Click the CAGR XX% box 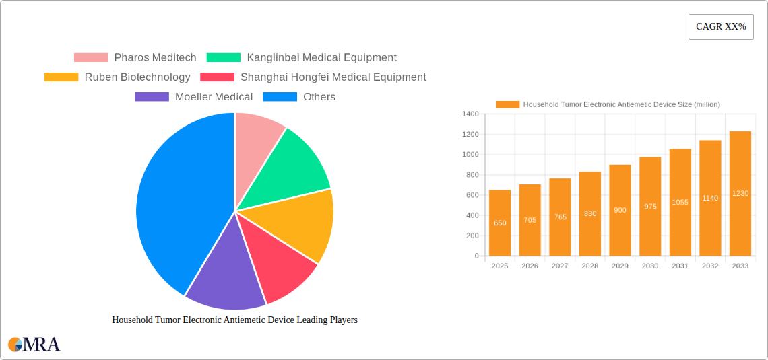point(721,27)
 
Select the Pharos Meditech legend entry point(135,58)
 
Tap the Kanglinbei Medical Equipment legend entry point(301,58)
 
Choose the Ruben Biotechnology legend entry point(117,77)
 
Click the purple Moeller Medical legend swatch point(152,97)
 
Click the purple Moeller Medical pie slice point(222,276)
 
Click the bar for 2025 point(500,223)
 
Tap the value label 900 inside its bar point(620,210)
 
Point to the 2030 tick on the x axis point(650,266)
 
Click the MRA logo point(34,345)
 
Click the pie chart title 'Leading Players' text point(234,320)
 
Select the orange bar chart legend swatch point(507,104)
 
